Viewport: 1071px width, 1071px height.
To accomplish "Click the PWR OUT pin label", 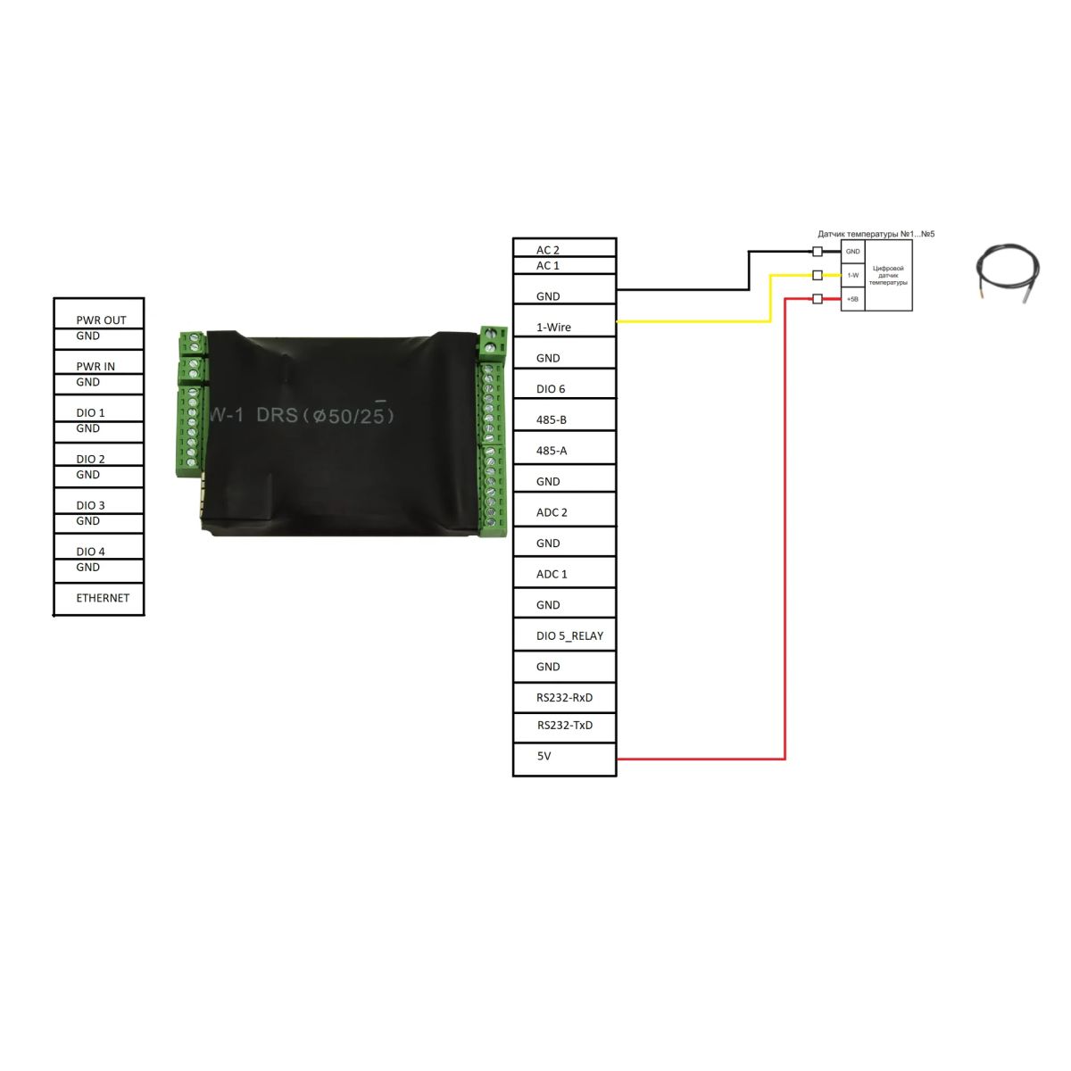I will point(101,320).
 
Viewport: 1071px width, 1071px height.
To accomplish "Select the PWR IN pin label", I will point(95,366).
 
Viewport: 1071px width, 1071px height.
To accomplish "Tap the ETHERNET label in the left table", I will point(103,598).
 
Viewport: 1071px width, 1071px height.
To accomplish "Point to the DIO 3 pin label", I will point(90,505).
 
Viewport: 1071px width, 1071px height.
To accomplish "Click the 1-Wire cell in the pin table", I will point(553,328).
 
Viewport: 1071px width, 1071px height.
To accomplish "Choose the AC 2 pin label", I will point(548,250).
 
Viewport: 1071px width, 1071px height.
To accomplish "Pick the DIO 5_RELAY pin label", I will point(569,636).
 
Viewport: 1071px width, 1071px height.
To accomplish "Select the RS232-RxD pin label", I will point(564,698).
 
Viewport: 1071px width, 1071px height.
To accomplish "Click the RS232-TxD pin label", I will point(565,726).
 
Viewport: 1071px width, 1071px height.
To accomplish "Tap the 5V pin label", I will point(544,756).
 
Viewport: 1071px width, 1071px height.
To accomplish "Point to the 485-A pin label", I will point(552,451).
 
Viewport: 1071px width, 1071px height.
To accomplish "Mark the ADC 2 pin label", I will point(552,512).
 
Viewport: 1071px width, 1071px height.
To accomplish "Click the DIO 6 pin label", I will point(551,389).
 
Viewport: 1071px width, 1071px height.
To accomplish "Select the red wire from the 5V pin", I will point(785,535).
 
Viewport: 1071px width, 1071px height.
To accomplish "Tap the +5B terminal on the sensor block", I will point(852,299).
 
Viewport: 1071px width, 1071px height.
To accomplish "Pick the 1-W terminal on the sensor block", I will point(852,275).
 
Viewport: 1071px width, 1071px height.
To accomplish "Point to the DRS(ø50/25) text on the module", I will point(325,415).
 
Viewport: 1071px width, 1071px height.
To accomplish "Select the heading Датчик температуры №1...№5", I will point(876,234).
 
